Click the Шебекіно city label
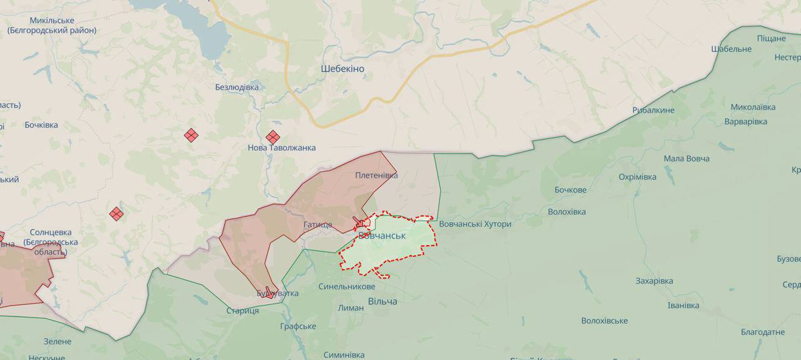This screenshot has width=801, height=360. (x=342, y=69)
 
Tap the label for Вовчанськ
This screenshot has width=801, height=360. (x=382, y=236)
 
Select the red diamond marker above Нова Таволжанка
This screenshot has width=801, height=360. (x=272, y=137)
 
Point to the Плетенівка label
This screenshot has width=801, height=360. (x=376, y=175)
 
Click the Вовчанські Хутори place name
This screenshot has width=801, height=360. (x=475, y=224)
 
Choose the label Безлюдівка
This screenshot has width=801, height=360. (x=237, y=87)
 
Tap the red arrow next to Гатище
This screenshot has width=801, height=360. (x=360, y=222)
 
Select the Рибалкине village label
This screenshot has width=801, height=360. (x=653, y=110)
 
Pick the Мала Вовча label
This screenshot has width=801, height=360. (x=686, y=158)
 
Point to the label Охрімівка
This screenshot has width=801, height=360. (x=637, y=177)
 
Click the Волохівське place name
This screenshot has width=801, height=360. (x=604, y=321)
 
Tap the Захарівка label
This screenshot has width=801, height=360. (x=654, y=281)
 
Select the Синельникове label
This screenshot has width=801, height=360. (x=347, y=287)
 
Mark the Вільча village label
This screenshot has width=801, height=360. (x=382, y=302)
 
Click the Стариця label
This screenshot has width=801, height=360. (x=242, y=311)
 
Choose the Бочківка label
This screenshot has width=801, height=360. (x=41, y=125)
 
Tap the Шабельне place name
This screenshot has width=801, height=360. (x=731, y=49)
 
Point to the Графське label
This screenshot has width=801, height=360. (x=298, y=327)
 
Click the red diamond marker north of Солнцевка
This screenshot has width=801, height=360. (x=116, y=214)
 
